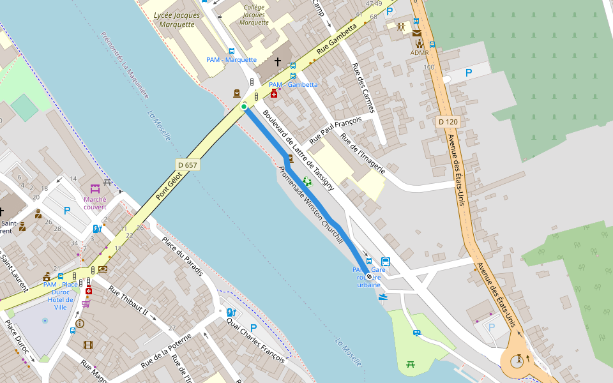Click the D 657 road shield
tap(188, 165)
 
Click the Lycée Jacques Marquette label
tap(174, 19)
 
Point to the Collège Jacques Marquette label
tap(254, 15)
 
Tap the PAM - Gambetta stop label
tap(293, 84)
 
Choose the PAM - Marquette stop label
tap(231, 60)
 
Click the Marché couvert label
tap(95, 202)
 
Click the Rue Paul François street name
tap(335, 130)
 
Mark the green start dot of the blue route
tap(244, 107)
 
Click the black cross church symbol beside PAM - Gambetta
tap(277, 62)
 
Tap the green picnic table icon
tap(411, 364)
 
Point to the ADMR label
tap(420, 52)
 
